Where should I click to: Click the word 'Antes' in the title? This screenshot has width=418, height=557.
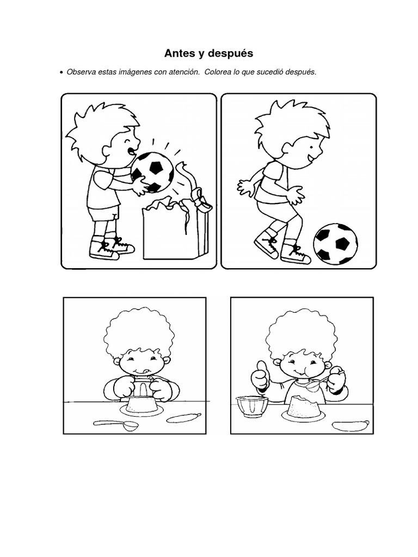pyautogui.click(x=178, y=53)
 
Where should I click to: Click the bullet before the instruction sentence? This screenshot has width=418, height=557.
pyautogui.click(x=62, y=72)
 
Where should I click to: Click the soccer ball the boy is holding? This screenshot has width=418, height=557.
pyautogui.click(x=152, y=171)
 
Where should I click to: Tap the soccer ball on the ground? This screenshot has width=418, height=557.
pyautogui.click(x=336, y=243)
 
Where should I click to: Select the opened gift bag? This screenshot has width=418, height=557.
pyautogui.click(x=169, y=231)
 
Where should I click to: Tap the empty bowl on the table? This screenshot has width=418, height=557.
pyautogui.click(x=251, y=405)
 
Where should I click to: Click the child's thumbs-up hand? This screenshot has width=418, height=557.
pyautogui.click(x=261, y=375)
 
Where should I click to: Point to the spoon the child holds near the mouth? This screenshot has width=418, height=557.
pyautogui.click(x=316, y=385)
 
